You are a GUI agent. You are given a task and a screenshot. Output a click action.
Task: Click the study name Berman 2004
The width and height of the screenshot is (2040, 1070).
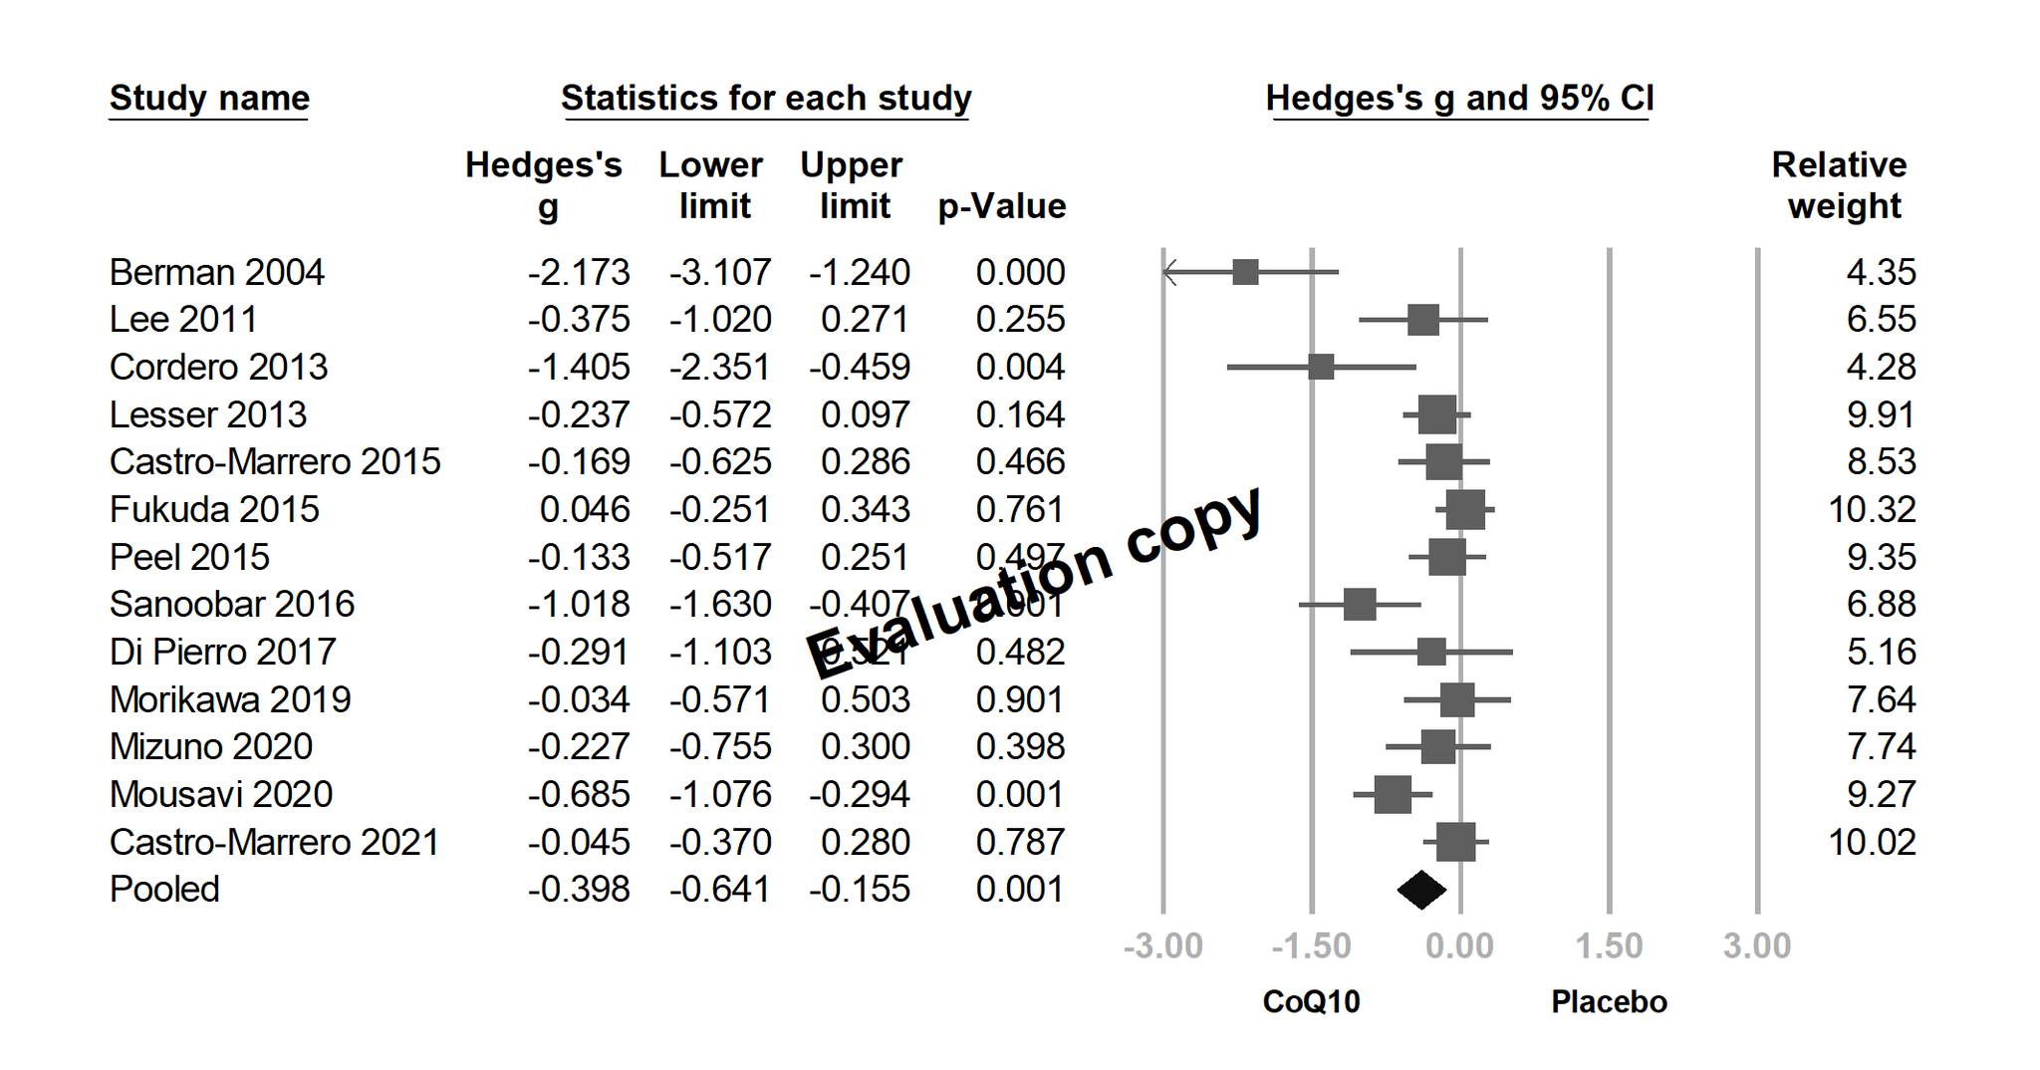216,272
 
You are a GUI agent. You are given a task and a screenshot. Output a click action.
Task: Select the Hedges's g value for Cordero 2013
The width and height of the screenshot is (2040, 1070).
579,368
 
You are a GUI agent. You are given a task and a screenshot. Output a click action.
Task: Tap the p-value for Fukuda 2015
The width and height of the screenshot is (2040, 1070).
1020,510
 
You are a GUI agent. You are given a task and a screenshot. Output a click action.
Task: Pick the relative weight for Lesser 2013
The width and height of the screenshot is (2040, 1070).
1881,414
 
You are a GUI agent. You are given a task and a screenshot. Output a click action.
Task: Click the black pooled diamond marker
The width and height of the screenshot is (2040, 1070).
1421,890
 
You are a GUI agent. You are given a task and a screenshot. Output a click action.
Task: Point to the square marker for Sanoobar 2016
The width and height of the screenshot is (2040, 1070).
1360,605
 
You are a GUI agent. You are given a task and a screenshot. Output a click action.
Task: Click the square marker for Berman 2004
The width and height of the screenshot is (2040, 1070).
1245,272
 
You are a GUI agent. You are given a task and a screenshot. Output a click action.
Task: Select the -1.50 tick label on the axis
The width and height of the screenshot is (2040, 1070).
1311,945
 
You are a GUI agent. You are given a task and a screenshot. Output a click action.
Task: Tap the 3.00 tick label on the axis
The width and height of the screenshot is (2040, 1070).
1756,945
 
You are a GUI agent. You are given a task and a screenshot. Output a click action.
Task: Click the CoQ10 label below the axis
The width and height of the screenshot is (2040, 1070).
1311,1001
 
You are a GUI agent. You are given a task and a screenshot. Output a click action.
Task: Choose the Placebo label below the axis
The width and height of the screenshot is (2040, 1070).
1609,1001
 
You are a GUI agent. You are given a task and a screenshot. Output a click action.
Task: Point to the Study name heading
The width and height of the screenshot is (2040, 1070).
209,98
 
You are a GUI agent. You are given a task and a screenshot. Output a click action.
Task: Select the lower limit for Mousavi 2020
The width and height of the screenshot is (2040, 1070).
719,795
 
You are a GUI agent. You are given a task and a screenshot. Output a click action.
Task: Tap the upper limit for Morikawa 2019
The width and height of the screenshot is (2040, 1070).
865,699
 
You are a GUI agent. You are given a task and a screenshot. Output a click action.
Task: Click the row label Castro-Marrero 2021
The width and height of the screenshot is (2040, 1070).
274,843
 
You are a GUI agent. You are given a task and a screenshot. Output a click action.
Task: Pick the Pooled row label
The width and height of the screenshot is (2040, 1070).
164,890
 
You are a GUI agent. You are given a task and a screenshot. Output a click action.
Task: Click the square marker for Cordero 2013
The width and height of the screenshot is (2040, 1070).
1321,368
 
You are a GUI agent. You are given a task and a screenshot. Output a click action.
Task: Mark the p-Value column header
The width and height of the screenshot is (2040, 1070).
1002,206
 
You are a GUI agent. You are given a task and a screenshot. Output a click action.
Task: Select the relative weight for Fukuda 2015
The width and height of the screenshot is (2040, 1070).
1872,510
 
